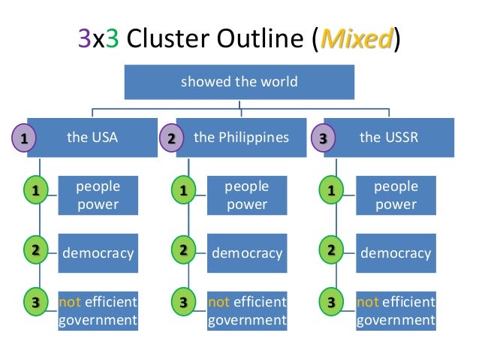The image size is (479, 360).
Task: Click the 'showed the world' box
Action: click(x=239, y=81)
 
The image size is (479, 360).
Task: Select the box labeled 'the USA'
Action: click(x=92, y=138)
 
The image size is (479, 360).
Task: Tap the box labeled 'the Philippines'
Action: click(x=241, y=138)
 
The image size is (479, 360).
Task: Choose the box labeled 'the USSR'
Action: click(x=390, y=138)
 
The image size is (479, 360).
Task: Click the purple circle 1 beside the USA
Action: click(x=24, y=138)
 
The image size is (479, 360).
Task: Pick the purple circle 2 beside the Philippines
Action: click(x=172, y=138)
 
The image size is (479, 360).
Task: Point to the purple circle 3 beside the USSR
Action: click(x=323, y=138)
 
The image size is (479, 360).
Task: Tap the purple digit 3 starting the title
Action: click(x=85, y=38)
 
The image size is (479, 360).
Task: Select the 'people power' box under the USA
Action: click(x=98, y=195)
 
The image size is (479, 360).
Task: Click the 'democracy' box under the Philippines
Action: click(x=247, y=253)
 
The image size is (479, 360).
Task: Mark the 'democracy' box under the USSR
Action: click(x=396, y=253)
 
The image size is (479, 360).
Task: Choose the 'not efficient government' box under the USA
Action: click(x=98, y=311)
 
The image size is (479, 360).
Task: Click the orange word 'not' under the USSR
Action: click(x=368, y=302)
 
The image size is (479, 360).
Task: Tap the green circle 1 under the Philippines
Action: click(x=182, y=192)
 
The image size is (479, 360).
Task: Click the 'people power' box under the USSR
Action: click(x=396, y=195)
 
